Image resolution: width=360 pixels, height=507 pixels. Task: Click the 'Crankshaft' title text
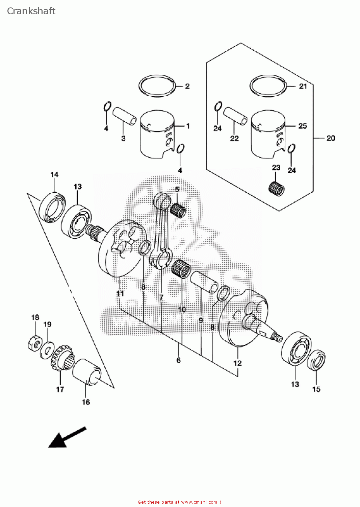coord(31,11)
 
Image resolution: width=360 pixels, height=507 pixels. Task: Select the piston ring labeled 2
coord(157,86)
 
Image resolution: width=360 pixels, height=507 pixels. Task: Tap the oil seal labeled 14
coord(53,208)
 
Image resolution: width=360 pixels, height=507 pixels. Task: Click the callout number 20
coord(331,138)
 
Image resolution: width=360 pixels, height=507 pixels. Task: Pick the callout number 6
coord(179,360)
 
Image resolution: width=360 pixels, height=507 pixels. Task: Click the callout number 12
coord(237,363)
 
